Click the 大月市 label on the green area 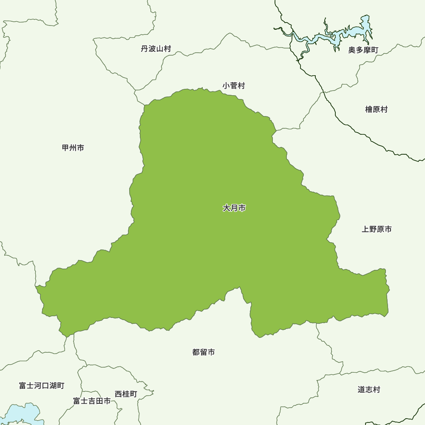coord(234,208)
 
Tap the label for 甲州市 coord(73,148)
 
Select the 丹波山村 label coord(156,49)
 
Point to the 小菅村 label coord(234,86)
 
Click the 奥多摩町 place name coord(363,50)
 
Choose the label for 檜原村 coord(377,110)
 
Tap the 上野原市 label coord(377,229)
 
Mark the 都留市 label coord(204,352)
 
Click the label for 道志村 coord(369,390)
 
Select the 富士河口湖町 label coord(42,386)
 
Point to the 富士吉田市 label coord(92,401)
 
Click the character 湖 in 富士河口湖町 coord(53,386)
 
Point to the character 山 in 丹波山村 coord(160,49)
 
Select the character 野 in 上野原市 coord(373,229)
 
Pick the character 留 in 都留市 coord(204,352)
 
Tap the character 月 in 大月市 coord(234,208)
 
